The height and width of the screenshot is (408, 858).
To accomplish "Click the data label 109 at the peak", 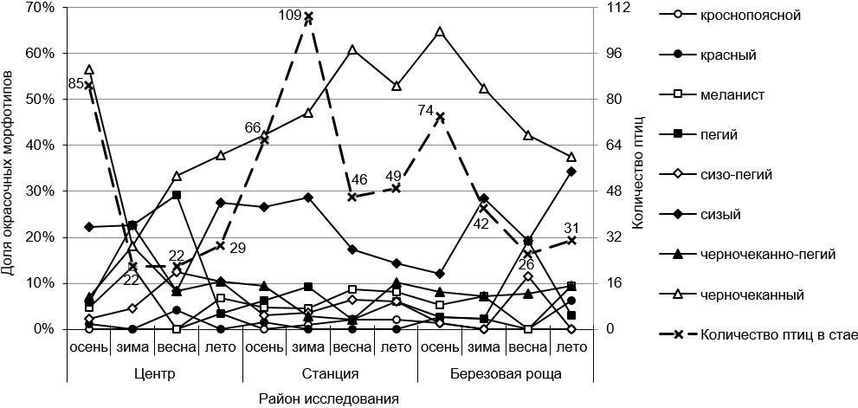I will coord(290,15).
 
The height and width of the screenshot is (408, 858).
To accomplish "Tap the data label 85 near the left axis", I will coord(76,84).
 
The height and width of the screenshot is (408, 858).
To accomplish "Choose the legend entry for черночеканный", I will coord(749,295).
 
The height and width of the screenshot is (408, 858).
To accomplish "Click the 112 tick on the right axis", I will coord(619,8).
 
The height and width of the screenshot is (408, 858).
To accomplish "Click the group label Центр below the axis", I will coord(156,375).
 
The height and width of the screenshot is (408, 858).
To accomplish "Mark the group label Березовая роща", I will coord(506,375).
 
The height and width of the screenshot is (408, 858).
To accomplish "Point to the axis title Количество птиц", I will coord(638,168).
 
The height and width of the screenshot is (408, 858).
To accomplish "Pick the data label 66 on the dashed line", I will coord(252,127).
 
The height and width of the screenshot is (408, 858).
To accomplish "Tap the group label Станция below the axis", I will coord(330,375).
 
